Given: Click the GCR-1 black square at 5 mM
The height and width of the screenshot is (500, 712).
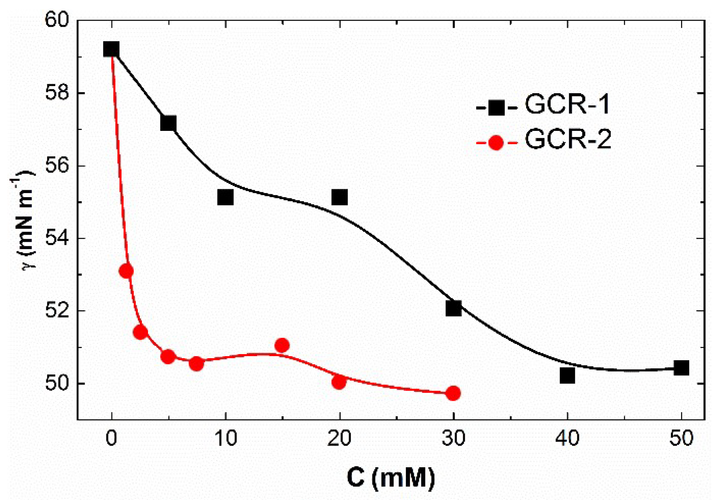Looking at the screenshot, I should pyautogui.click(x=168, y=123).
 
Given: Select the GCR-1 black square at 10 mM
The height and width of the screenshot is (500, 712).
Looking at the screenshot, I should pyautogui.click(x=225, y=197).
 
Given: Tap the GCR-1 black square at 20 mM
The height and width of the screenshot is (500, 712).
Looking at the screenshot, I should pyautogui.click(x=340, y=197).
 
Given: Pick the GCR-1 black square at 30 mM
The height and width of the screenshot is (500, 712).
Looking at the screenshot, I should pyautogui.click(x=453, y=308).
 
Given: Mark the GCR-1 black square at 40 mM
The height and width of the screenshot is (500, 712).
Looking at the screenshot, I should pyautogui.click(x=567, y=376).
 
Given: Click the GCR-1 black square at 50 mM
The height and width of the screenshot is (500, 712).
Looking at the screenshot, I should pyautogui.click(x=681, y=368).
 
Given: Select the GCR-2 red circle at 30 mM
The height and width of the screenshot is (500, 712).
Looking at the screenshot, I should pyautogui.click(x=453, y=393).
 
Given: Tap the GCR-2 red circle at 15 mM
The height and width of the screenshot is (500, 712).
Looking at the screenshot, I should pyautogui.click(x=282, y=345).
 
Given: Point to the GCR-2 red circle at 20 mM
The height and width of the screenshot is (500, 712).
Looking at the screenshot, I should pyautogui.click(x=339, y=382).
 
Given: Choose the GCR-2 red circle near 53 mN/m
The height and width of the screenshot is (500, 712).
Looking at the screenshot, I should pyautogui.click(x=126, y=271).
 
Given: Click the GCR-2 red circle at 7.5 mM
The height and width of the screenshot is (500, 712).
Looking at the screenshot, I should pyautogui.click(x=196, y=363).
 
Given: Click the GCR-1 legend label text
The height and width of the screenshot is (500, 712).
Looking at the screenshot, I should pyautogui.click(x=568, y=104).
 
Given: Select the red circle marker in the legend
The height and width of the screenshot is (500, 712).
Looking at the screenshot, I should pyautogui.click(x=496, y=142).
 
